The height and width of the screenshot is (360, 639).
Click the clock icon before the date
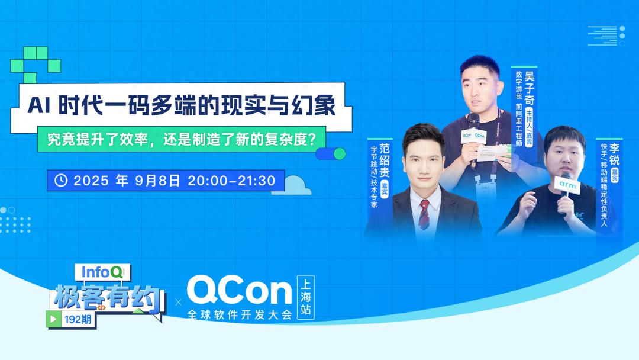62,180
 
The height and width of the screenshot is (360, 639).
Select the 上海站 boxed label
307,297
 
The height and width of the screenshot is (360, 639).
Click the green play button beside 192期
54,319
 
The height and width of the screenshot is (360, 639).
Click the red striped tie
424,214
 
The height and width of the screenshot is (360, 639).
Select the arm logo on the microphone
567,185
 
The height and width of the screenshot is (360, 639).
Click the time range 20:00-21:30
231,181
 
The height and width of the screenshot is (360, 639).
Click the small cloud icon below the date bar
299,188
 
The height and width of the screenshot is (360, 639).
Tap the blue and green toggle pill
331,154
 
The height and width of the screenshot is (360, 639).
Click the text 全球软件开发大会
239,315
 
